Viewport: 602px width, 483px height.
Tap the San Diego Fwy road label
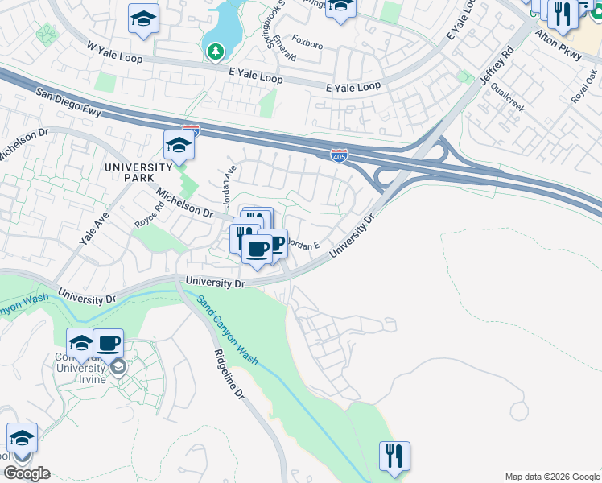68,103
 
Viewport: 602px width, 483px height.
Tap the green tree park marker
215,52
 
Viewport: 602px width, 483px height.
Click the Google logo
27,473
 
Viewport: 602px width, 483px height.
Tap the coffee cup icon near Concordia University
109,344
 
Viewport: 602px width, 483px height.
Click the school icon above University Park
179,145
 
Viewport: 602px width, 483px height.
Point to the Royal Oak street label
586,86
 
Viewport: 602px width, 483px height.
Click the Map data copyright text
551,477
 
